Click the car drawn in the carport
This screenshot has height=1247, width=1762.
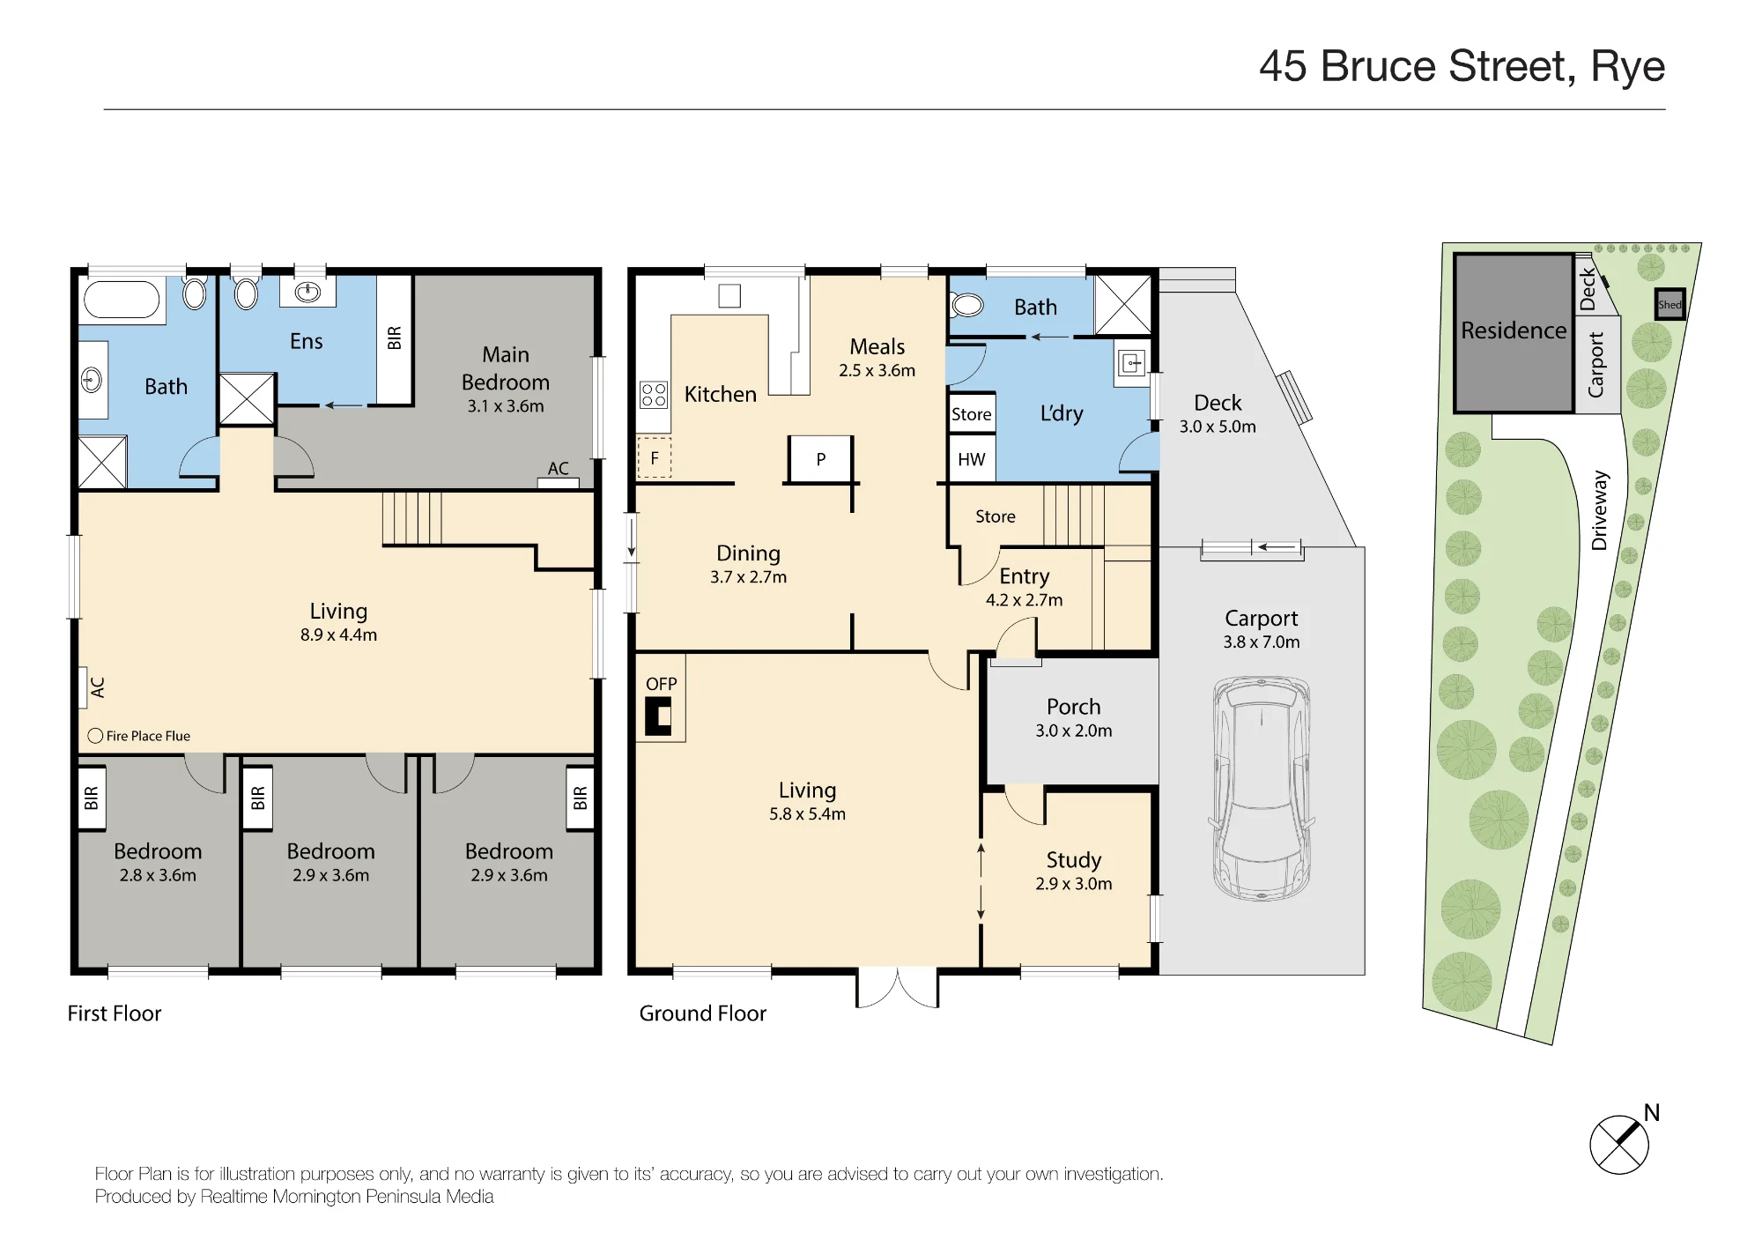(1262, 788)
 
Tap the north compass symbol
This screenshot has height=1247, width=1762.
(1619, 1144)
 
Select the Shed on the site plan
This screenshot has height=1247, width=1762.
(1669, 304)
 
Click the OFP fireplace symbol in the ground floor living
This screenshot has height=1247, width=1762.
(658, 716)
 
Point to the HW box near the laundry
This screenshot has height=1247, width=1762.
(972, 459)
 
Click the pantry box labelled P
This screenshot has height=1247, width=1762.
(820, 458)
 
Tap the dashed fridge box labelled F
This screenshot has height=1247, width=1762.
(655, 457)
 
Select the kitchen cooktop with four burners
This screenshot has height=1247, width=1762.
(654, 394)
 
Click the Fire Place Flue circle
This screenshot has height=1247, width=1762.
(95, 736)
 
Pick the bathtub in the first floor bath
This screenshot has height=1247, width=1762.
(122, 300)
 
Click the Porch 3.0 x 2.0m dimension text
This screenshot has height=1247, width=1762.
(1074, 731)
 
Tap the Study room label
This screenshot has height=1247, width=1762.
(1074, 859)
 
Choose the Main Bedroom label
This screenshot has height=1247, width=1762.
(506, 368)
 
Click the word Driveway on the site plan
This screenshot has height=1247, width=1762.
(1600, 510)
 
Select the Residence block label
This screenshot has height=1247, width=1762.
(1514, 330)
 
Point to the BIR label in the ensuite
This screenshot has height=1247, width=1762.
(394, 338)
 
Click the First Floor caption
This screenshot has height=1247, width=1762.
(115, 1013)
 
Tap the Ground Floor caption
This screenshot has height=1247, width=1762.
(703, 1013)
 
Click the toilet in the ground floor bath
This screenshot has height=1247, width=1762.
(966, 306)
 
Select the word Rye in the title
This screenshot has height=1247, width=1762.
(1628, 67)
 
